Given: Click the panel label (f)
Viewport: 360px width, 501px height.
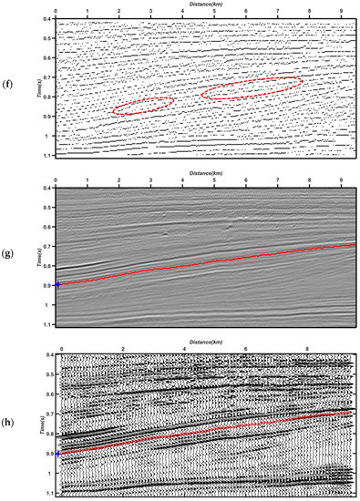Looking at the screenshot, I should click(12, 89).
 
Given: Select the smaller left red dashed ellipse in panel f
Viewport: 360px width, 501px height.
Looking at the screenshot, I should click(143, 105).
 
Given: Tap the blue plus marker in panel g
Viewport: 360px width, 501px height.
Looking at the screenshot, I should click(57, 284).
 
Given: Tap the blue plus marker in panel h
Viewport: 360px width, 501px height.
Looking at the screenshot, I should click(57, 453).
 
